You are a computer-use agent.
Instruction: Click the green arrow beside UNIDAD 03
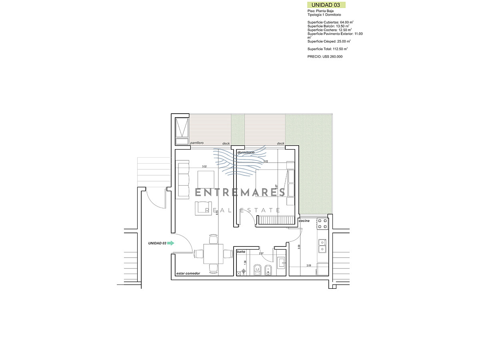(x=171, y=243)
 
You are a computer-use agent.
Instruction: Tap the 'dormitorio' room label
(x=246, y=153)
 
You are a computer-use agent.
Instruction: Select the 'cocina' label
(x=304, y=221)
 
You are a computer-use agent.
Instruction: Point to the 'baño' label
(x=241, y=252)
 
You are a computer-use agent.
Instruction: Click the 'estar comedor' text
(x=188, y=274)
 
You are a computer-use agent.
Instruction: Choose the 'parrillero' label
(x=197, y=143)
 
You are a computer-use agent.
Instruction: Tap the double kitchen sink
(x=322, y=246)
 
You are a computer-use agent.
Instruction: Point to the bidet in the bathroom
(x=269, y=270)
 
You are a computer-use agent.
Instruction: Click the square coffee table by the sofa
(x=206, y=178)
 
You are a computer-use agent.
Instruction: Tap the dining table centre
(x=212, y=254)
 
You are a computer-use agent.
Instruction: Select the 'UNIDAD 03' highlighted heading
(x=326, y=5)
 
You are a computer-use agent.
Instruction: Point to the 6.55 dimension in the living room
(x=217, y=213)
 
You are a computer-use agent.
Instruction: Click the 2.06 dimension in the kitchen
(x=309, y=266)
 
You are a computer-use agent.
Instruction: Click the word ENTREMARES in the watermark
(x=240, y=192)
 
